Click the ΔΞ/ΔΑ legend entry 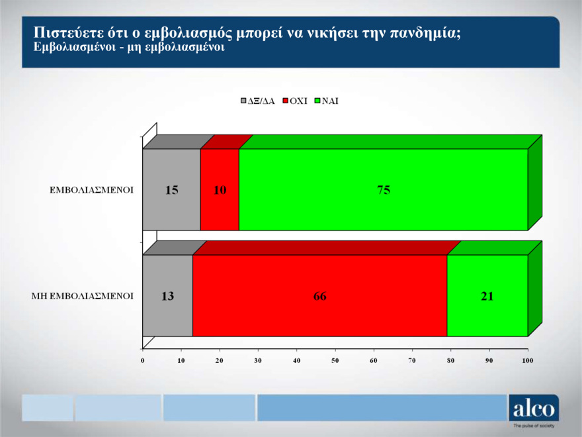click(258, 101)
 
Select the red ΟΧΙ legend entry click(295, 101)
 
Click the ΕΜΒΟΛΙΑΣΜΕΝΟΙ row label click(92, 190)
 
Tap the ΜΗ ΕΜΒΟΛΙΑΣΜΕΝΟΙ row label click(83, 296)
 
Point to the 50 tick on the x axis click(335, 360)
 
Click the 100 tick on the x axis click(528, 360)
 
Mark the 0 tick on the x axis click(143, 360)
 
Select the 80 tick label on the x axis click(451, 360)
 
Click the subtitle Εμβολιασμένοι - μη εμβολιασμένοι click(129, 48)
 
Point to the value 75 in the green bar click(384, 190)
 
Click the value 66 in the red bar click(320, 296)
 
